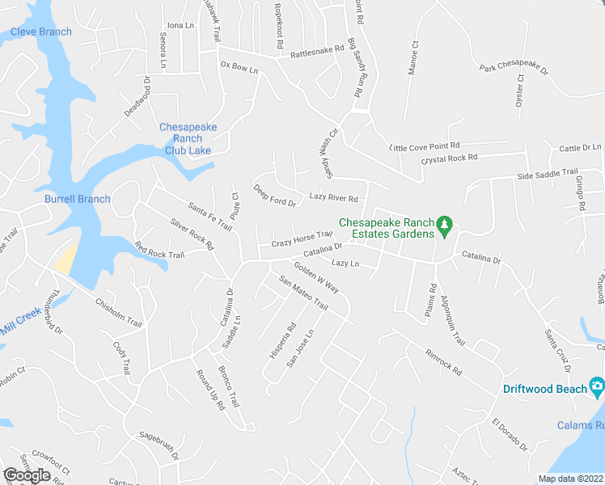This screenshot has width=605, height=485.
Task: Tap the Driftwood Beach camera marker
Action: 597,386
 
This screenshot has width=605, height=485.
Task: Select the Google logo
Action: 27,474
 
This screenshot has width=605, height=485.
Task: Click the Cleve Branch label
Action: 41,32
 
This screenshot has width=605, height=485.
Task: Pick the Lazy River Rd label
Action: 333,198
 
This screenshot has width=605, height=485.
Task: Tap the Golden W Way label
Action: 315,276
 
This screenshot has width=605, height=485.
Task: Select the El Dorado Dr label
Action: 510,434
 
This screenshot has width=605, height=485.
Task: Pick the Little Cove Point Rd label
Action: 424,147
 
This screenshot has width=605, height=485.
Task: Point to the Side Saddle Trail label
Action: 548,175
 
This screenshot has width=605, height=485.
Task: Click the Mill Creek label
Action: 20,327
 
